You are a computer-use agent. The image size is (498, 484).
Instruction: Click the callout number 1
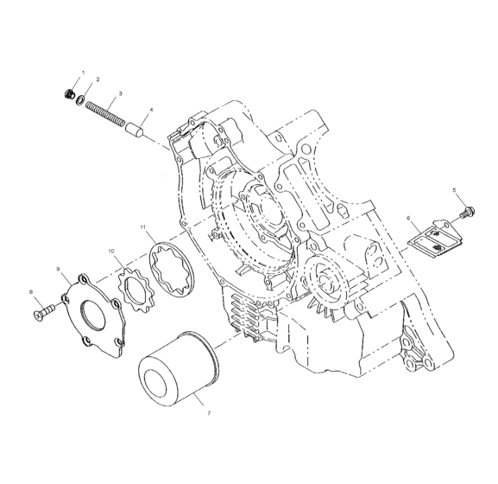pos(83,72)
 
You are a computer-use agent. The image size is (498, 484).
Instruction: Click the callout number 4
pos(152,111)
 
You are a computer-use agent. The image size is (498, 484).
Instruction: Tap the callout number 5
pos(453,189)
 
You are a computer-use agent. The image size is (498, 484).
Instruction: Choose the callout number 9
pos(59,271)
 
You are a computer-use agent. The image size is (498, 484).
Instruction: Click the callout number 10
pos(110,251)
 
